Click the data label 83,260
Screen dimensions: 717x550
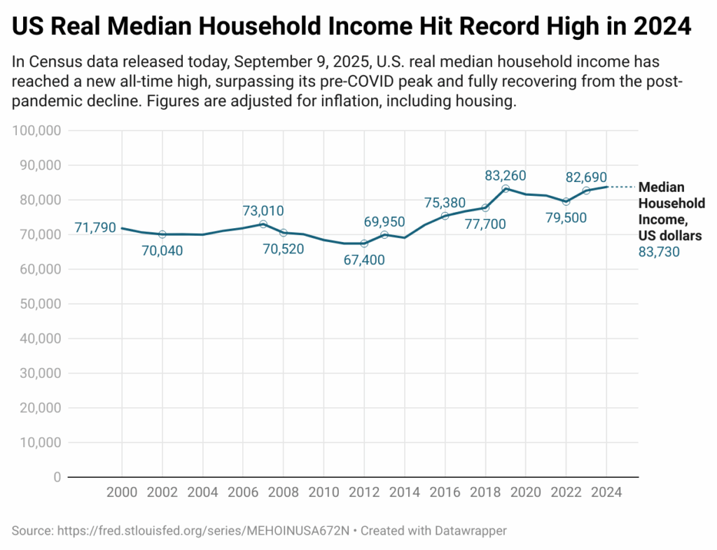point(506,176)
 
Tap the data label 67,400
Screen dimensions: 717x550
point(364,260)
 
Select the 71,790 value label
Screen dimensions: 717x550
point(95,227)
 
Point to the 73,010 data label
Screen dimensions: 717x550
point(263,211)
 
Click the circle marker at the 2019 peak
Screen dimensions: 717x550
point(506,189)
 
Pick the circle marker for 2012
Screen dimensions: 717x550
point(364,244)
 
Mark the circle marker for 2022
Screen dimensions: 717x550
point(566,202)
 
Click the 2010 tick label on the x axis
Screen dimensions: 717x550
point(323,493)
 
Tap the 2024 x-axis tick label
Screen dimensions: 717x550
point(606,493)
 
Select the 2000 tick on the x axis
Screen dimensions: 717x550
point(122,493)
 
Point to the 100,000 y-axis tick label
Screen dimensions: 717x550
point(36,131)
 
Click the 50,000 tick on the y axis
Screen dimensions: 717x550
point(40,304)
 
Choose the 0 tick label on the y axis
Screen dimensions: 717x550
point(57,477)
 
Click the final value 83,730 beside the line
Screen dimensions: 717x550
point(659,252)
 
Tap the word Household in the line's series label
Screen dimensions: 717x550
point(671,204)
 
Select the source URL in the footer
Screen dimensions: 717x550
point(204,531)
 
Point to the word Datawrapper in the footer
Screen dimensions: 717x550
point(471,531)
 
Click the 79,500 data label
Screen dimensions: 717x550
point(566,218)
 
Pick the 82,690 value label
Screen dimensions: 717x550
point(586,177)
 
